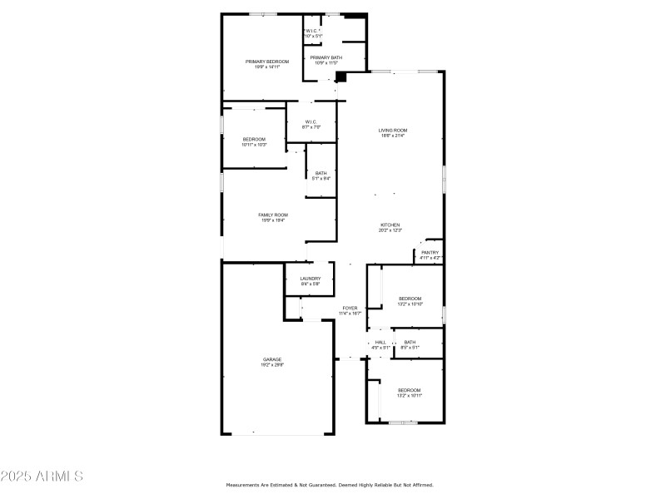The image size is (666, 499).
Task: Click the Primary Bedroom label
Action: pyautogui.click(x=267, y=62)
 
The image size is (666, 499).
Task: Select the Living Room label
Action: pyautogui.click(x=393, y=130)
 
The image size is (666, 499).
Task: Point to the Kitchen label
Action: pyautogui.click(x=390, y=225)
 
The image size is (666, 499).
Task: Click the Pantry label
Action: pyautogui.click(x=430, y=253)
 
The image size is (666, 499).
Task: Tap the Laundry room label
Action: pyautogui.click(x=310, y=279)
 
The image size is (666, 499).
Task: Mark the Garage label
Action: pyautogui.click(x=272, y=359)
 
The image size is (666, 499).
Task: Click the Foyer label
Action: pyautogui.click(x=350, y=308)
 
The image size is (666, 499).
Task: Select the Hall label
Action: pyautogui.click(x=380, y=342)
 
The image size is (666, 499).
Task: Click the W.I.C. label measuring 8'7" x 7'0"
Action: pyautogui.click(x=311, y=121)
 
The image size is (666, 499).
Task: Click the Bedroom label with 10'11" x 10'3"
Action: pyautogui.click(x=254, y=139)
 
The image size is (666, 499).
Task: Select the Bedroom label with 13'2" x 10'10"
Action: pyautogui.click(x=410, y=299)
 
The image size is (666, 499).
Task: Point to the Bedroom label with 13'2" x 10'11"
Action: pyautogui.click(x=410, y=390)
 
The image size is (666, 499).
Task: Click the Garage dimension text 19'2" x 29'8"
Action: pyautogui.click(x=272, y=365)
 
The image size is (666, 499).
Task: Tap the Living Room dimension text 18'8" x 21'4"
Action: pyautogui.click(x=393, y=136)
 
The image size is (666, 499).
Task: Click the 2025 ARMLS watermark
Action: pyautogui.click(x=42, y=477)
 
